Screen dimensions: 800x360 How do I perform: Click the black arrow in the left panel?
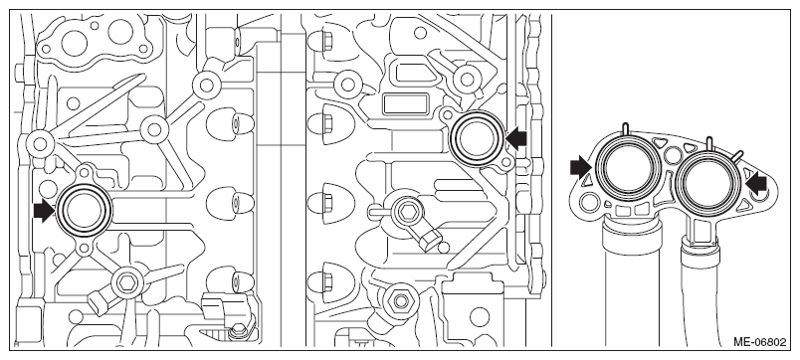tap(44, 211)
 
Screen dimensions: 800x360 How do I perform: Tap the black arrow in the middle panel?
tap(517, 138)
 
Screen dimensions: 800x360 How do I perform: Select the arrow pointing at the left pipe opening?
tap(580, 168)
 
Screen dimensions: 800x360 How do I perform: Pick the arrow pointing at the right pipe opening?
tap(756, 183)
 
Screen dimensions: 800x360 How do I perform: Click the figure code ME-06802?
tap(759, 342)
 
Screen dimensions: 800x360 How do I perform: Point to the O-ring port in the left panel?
tap(85, 210)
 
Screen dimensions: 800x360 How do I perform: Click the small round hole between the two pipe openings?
tap(674, 153)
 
